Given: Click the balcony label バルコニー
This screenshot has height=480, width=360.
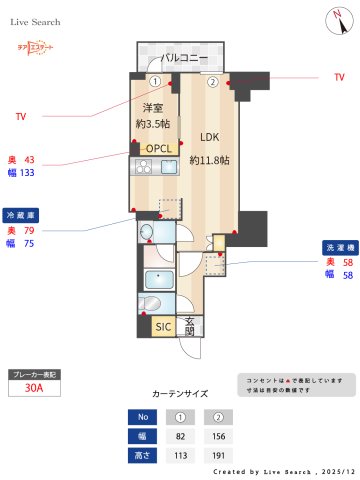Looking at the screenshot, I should (183, 58).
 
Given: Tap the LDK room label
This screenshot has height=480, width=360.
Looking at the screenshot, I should (209, 138).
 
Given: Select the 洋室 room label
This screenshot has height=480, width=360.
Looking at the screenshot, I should (153, 108).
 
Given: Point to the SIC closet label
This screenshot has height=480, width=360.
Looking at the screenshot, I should (163, 326).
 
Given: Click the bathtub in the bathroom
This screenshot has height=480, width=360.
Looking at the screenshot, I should (158, 279).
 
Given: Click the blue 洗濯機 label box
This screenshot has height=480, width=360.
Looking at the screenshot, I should (336, 246).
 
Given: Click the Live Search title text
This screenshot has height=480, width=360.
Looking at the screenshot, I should (36, 21).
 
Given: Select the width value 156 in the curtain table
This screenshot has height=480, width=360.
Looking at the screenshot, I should (212, 436).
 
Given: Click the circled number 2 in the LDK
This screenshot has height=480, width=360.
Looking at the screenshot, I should (212, 82).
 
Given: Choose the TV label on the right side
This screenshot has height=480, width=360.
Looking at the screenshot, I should (339, 77).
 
